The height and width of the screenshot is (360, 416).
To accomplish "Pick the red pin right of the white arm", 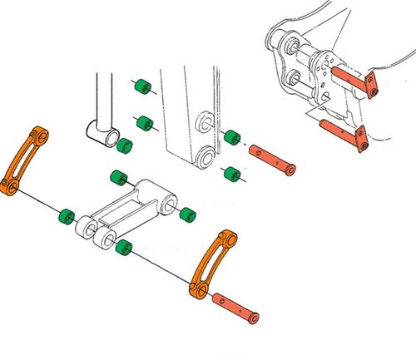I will click(x=270, y=159).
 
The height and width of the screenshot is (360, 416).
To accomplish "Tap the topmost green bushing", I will click(x=141, y=86).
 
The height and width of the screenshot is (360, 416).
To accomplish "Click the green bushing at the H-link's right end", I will click(x=188, y=213).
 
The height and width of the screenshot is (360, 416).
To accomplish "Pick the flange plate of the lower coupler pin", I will click(x=362, y=139).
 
